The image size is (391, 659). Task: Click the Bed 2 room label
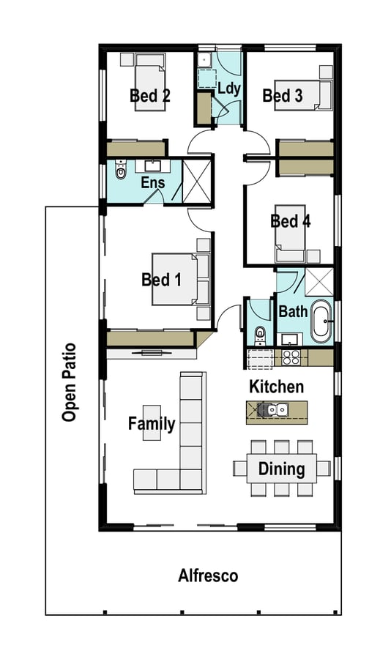pos(150,96)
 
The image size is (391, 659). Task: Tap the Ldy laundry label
pos(229,89)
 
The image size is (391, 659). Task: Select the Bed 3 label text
pos(283,95)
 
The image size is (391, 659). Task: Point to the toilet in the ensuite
pos(121,169)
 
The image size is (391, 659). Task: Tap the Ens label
pos(153,183)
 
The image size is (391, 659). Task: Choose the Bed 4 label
pos(291,221)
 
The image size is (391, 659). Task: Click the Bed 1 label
pos(161,280)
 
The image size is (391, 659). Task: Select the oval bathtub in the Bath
pos(321,321)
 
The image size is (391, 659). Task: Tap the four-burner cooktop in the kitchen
pos(291,357)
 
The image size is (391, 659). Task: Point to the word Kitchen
pos(276,387)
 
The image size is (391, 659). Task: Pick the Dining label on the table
pos(281,469)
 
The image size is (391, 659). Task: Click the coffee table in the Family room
pos(152,422)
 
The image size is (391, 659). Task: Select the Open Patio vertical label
pos(69,382)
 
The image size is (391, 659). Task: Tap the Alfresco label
pos(208,576)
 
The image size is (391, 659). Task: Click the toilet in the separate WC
pos(260,335)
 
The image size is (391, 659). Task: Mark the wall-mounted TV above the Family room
pos(152,351)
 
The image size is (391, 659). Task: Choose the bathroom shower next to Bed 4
pos(319,282)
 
